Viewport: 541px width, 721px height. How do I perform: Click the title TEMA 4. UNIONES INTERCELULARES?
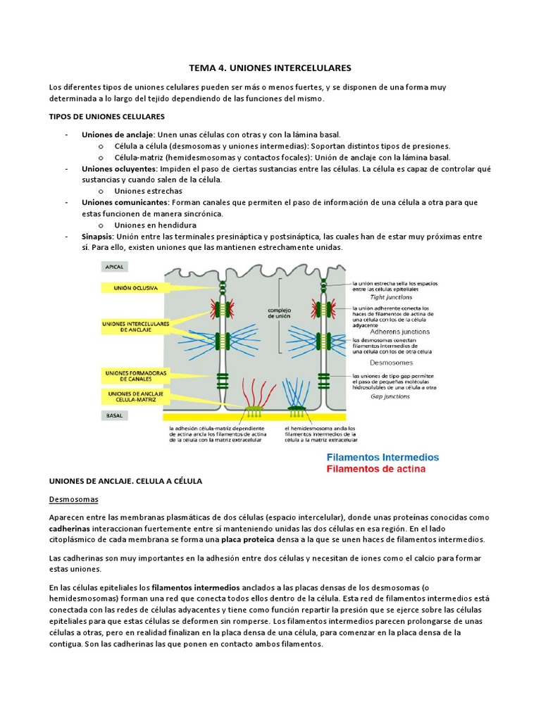point(270,68)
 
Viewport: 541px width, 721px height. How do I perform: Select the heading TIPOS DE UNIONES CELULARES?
point(106,116)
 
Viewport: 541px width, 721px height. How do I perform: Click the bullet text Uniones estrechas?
point(148,191)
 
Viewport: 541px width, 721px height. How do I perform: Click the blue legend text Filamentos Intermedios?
point(382,457)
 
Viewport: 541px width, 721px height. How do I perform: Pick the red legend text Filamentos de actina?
point(376,468)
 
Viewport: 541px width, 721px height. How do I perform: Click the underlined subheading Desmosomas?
point(73,499)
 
